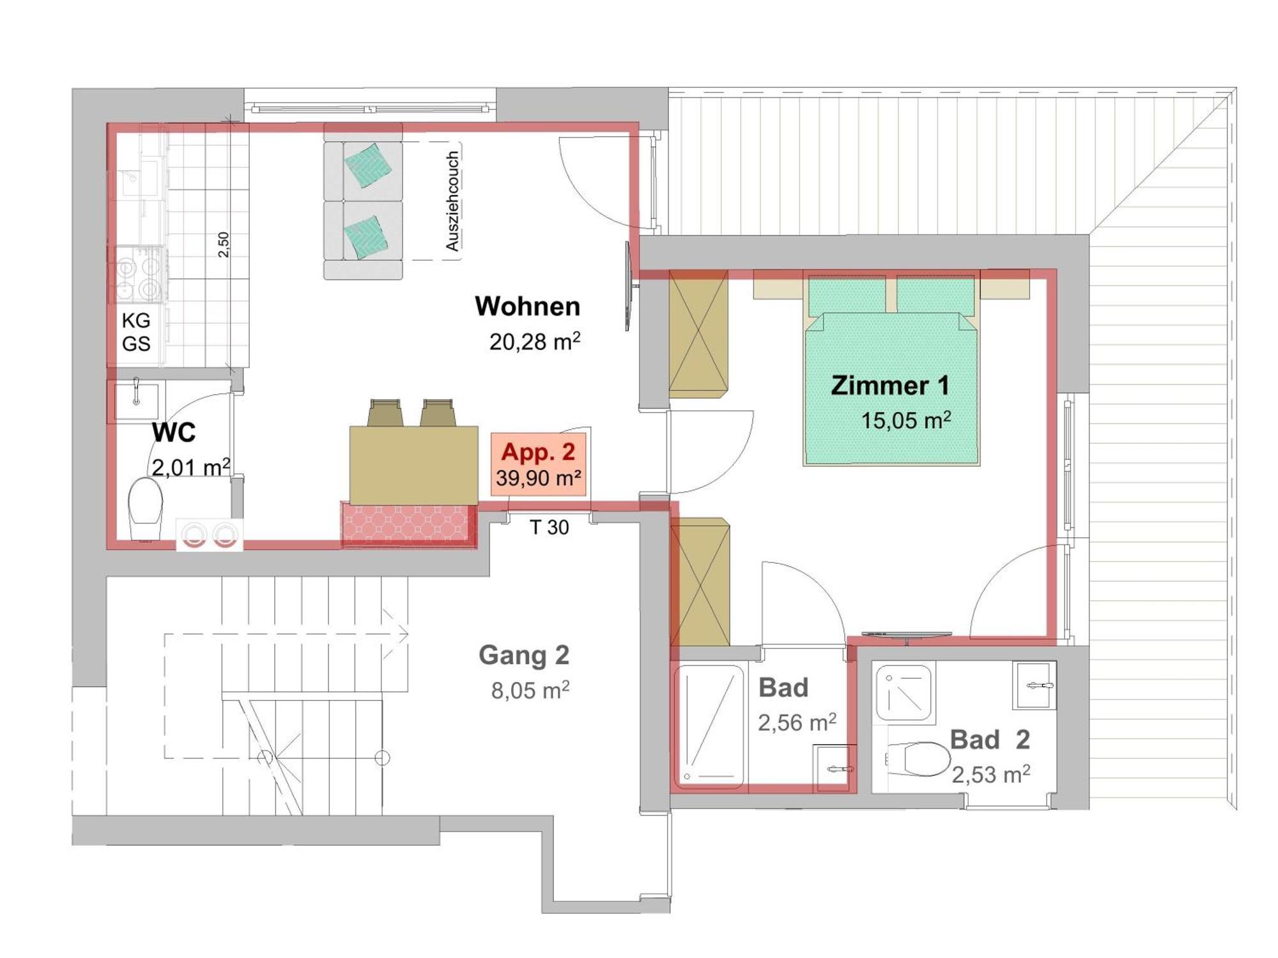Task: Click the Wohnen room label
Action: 527,307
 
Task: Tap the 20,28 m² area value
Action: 534,342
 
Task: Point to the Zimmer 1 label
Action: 889,386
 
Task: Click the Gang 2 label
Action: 523,655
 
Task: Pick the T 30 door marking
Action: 549,528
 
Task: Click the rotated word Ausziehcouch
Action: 452,201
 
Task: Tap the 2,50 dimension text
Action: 224,245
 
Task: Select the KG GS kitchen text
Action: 136,332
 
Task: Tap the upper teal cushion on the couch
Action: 367,165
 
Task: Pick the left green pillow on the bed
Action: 847,295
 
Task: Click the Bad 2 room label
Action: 989,740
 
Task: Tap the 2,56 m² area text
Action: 796,723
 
